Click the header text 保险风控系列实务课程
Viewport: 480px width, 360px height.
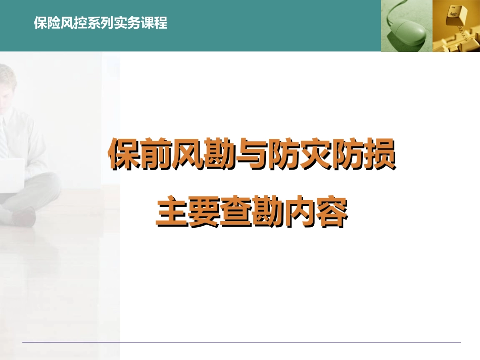[x=100, y=24]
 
